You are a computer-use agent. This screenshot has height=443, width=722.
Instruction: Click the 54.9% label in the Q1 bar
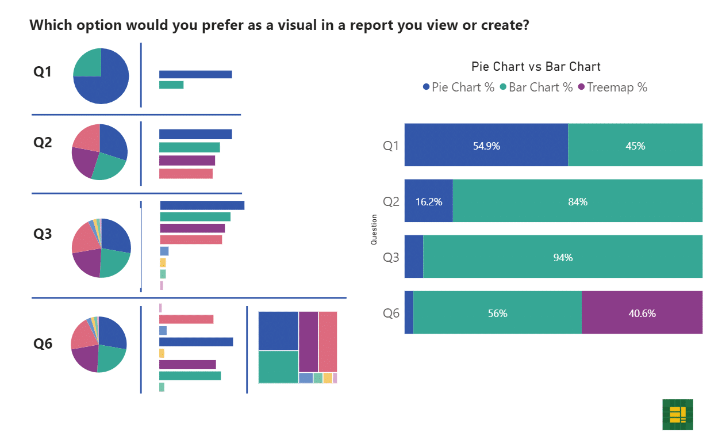click(x=486, y=146)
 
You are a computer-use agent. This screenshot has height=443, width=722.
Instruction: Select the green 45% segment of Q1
click(x=635, y=145)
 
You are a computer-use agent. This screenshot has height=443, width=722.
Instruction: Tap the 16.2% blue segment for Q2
click(x=429, y=201)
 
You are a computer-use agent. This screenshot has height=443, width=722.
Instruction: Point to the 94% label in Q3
click(x=563, y=258)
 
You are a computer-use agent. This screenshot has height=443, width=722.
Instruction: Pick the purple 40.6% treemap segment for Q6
click(x=642, y=312)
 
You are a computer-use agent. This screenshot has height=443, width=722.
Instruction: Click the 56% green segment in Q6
click(x=497, y=312)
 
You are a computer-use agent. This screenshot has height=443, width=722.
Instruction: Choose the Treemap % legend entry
click(x=613, y=87)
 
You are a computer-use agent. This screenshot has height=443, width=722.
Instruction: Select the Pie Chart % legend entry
click(x=459, y=87)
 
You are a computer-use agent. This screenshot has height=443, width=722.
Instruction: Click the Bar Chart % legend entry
click(x=536, y=87)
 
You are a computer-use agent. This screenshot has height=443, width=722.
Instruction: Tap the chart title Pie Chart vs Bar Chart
click(x=536, y=67)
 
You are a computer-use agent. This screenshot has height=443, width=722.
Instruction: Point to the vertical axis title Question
click(x=374, y=230)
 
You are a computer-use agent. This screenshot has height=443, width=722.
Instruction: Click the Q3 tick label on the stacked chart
click(x=391, y=258)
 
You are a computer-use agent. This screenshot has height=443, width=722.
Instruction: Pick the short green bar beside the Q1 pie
click(x=171, y=85)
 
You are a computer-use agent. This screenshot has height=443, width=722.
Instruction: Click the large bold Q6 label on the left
click(x=43, y=343)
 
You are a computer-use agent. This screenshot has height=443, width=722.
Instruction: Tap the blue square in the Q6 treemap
click(x=278, y=331)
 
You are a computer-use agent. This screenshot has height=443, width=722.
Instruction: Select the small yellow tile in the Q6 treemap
click(x=328, y=378)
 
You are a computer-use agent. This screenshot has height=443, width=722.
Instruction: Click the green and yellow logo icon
click(x=678, y=415)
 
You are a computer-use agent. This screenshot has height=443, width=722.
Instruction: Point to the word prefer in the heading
click(x=222, y=25)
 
